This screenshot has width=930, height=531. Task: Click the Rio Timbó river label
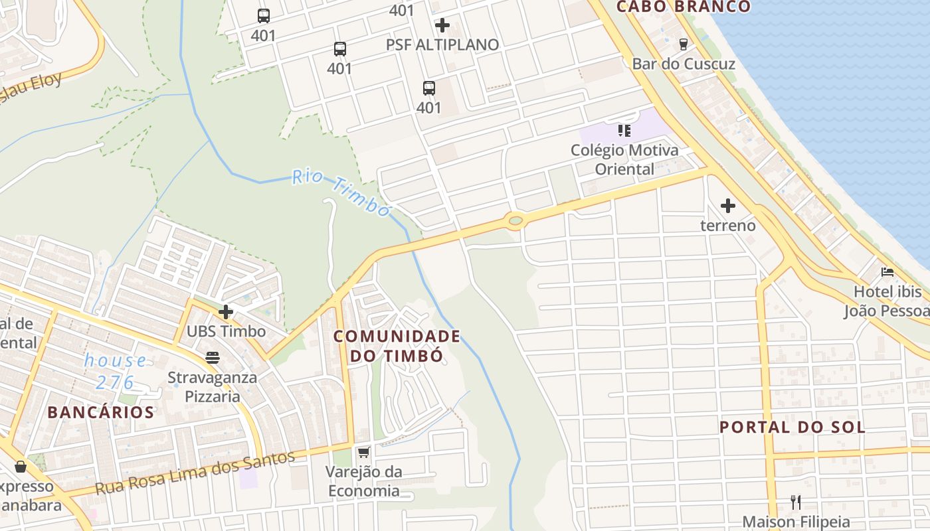tap(341, 193)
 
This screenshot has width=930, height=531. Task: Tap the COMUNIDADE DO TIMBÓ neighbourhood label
tap(397, 346)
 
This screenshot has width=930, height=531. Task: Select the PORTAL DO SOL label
tap(792, 427)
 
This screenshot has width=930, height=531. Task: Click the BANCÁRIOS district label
tap(101, 412)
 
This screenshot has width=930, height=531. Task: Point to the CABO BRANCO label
tap(683, 7)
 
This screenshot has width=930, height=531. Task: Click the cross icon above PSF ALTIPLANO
tap(442, 25)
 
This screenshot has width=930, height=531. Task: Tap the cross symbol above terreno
tap(728, 206)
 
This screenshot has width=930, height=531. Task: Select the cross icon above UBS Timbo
tap(226, 311)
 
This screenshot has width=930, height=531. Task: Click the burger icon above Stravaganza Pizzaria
tap(213, 358)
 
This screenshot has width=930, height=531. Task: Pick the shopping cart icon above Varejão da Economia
tap(363, 453)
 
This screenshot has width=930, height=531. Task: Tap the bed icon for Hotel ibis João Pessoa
tap(887, 271)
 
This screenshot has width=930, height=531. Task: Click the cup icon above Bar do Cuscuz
tap(683, 44)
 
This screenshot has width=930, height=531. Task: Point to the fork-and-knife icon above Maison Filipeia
tap(796, 502)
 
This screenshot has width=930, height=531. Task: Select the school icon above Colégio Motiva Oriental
tap(624, 130)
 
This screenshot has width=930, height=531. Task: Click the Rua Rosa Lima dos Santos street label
tap(195, 473)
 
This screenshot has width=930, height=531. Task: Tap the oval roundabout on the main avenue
tap(515, 220)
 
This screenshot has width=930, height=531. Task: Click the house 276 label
tap(115, 372)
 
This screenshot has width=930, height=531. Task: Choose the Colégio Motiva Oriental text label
tap(624, 159)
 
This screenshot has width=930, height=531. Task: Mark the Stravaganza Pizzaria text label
tap(213, 387)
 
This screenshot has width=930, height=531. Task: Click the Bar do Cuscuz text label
tap(683, 64)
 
